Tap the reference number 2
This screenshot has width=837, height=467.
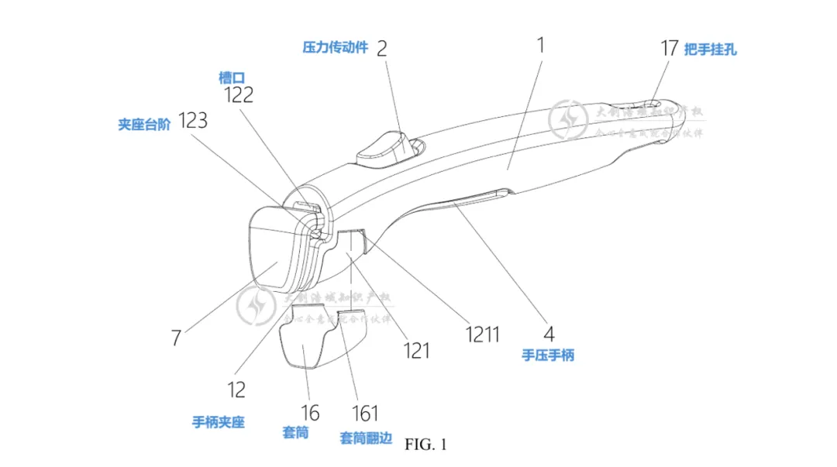click(381, 48)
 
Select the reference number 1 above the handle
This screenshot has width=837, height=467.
click(540, 45)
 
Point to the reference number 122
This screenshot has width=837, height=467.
click(239, 94)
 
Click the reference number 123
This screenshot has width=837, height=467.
click(193, 121)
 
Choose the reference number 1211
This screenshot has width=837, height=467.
click(482, 334)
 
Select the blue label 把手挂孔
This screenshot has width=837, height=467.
click(710, 49)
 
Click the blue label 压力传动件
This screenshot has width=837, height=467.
click(335, 46)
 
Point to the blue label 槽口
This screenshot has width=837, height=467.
click(231, 77)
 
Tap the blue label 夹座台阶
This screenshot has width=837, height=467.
click(144, 123)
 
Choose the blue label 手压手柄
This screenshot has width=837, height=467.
click(548, 355)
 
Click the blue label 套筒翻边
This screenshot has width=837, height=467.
click(365, 438)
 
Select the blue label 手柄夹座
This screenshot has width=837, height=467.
click(219, 422)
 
